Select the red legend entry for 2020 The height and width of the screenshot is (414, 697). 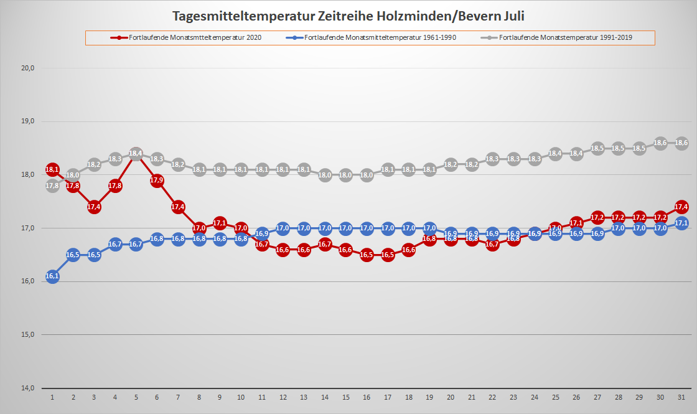(187, 38)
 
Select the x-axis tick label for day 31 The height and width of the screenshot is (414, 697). (681, 397)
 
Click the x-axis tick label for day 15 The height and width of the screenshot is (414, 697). (345, 397)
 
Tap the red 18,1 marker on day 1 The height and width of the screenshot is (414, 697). (52, 169)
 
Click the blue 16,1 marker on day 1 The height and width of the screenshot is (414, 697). (52, 276)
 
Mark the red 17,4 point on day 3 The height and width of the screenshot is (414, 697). (94, 207)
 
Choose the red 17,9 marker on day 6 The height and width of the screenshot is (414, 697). (157, 181)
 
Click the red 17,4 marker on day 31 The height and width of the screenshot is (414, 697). (681, 207)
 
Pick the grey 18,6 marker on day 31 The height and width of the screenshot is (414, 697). (681, 143)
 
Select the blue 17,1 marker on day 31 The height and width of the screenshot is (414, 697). (681, 223)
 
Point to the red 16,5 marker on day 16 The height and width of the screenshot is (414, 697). (367, 255)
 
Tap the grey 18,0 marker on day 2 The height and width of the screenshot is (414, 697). (73, 175)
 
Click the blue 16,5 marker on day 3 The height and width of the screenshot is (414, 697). (94, 255)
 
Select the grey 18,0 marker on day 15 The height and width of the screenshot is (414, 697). (345, 175)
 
